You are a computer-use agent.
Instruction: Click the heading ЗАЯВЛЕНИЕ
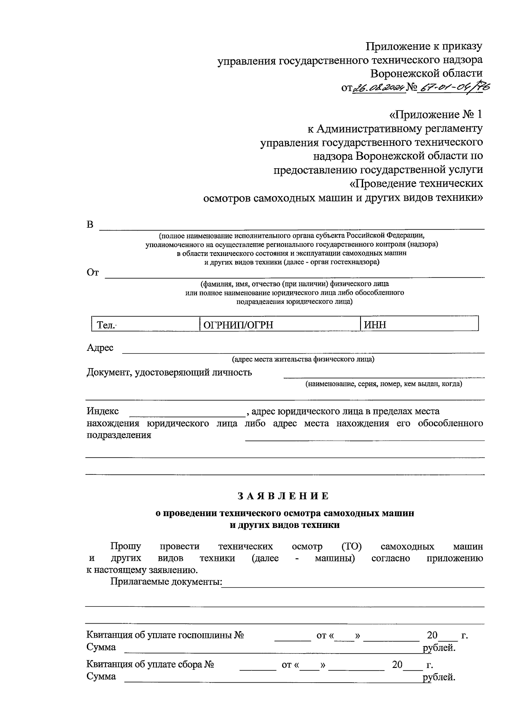click(283, 496)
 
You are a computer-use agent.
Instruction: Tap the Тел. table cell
click(145, 324)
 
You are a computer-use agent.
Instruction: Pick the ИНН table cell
click(419, 324)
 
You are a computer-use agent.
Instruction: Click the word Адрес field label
click(100, 347)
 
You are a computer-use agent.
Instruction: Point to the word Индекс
click(102, 411)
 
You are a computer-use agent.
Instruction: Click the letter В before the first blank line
click(90, 224)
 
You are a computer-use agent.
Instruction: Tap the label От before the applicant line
click(92, 272)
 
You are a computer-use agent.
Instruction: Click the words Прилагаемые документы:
click(166, 582)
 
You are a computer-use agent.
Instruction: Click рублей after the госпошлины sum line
click(439, 647)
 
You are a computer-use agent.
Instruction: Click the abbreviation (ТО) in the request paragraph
click(351, 546)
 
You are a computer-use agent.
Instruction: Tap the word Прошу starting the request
click(126, 546)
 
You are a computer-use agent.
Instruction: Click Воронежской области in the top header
click(426, 73)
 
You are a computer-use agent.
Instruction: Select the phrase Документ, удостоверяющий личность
click(169, 372)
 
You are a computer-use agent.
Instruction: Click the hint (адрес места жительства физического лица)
click(303, 359)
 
